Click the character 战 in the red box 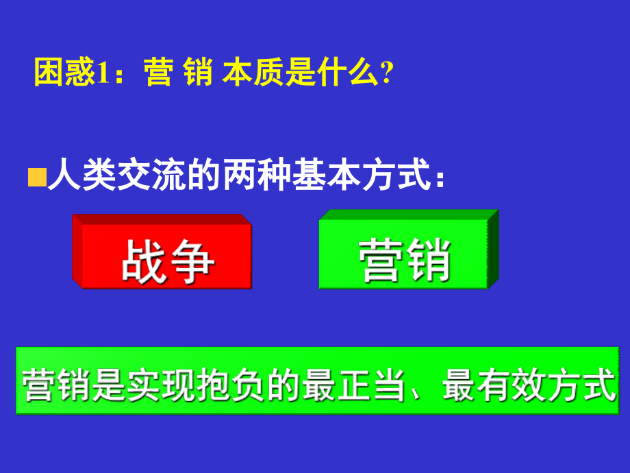click(142, 260)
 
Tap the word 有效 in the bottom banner click(496, 385)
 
